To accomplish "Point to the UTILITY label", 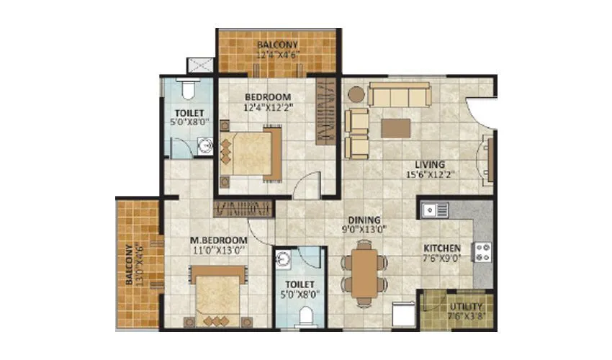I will pos(466,306).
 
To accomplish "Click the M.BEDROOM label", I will pos(219,240).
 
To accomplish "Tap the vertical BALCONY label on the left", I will pos(130,266).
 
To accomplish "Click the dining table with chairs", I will pos(365,271).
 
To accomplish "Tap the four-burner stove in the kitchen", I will pos(482,252).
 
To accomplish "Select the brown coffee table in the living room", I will pos(395,128).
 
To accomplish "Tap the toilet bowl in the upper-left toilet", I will pos(188,89).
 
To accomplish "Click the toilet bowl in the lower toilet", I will pos(305,314).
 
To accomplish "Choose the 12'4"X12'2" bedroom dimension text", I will pos(268,107).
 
